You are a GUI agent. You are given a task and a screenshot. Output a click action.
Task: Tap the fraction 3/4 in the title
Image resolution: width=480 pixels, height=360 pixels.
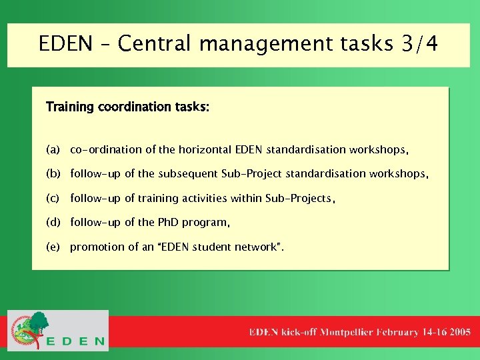420,44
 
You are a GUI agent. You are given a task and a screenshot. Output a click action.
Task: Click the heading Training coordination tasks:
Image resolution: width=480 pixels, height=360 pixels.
127,107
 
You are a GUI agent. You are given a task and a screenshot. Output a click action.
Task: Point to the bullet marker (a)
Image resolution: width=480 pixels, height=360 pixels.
53,149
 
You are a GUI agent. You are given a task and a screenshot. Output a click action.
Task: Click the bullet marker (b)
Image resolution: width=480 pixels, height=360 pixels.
53,174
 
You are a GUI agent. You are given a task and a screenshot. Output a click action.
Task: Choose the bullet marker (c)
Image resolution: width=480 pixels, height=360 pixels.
53,198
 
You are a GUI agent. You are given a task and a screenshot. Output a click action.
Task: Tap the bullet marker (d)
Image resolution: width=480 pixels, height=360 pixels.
53,223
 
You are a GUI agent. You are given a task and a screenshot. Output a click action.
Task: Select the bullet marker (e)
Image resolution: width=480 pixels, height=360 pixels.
53,247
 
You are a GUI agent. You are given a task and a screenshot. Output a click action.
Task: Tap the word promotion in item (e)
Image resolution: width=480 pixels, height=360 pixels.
95,247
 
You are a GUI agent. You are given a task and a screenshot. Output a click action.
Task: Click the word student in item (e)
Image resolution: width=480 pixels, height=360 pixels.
211,247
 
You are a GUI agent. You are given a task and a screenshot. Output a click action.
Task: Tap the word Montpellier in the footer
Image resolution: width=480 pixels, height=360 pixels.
346,331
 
